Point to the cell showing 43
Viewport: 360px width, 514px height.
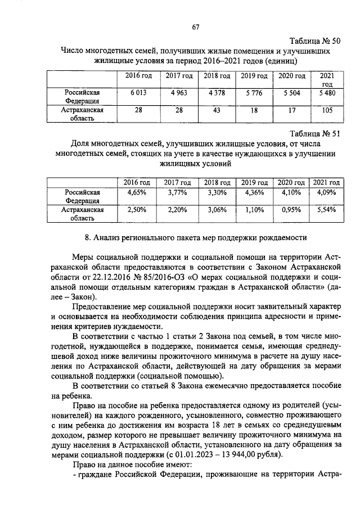click(x=217, y=111)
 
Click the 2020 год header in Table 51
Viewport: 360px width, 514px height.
click(x=292, y=182)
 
